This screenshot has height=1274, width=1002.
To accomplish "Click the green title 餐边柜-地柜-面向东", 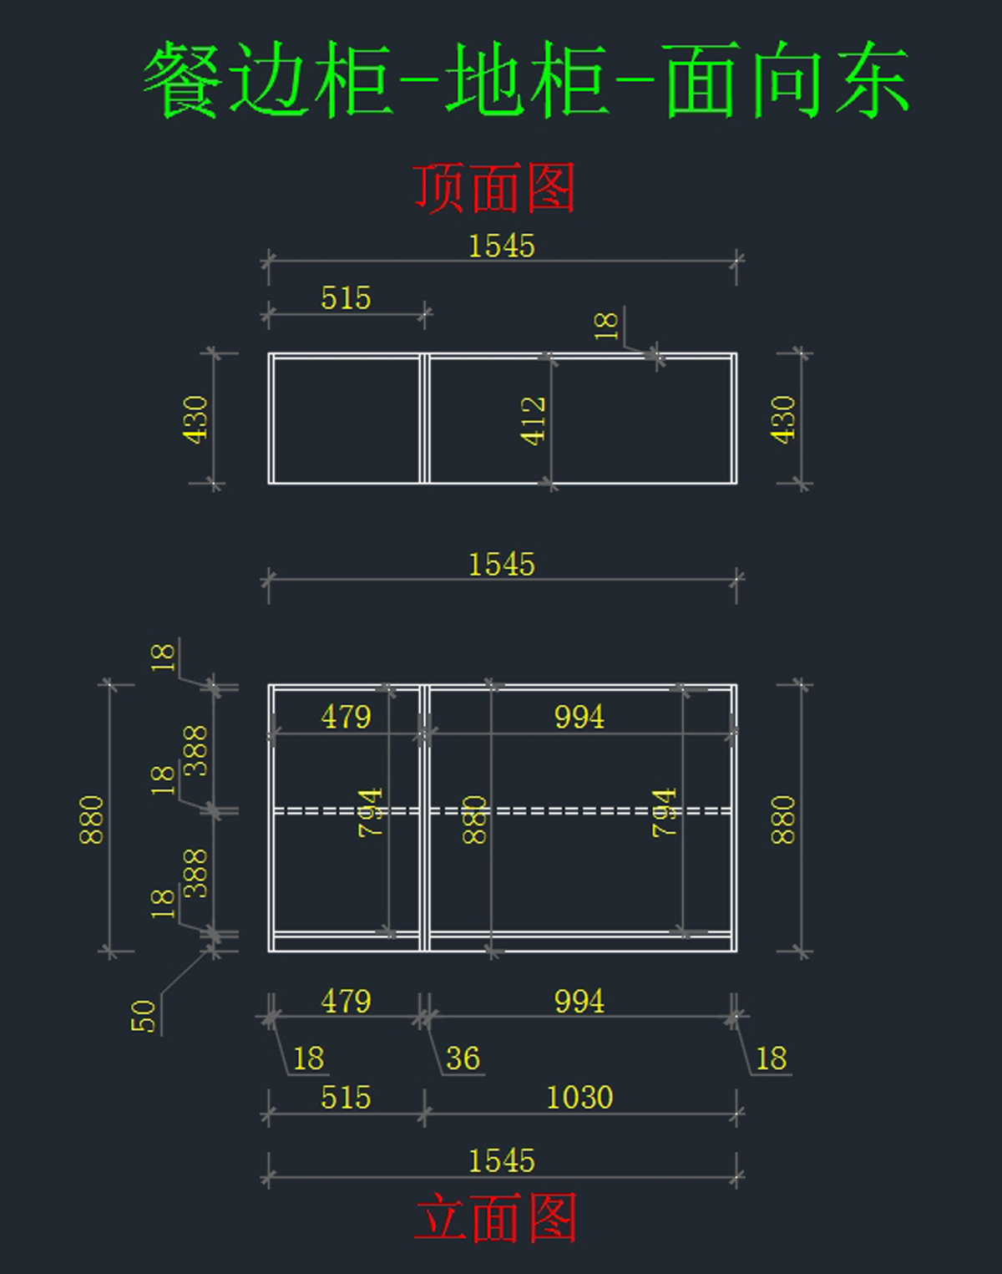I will coord(526,80).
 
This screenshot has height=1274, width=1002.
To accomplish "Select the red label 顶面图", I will coord(494,188).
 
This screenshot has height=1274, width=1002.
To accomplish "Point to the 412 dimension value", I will coord(534,420).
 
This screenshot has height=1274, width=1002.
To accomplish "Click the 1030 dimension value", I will coord(579,1097).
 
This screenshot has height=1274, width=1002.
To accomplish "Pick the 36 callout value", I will coord(463,1058).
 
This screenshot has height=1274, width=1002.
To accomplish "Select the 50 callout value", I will coord(144,1016).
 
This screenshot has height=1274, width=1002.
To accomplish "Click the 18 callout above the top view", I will coord(606,326).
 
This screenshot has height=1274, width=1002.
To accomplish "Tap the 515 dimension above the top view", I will coord(346,298).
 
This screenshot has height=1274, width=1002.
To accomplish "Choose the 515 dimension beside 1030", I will coord(346,1097).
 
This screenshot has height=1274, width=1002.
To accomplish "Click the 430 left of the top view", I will coord(195,419).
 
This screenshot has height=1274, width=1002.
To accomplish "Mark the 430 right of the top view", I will coord(783,419).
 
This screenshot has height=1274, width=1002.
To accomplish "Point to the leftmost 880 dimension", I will coord(92,820).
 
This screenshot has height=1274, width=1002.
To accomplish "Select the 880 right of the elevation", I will coord(783,820).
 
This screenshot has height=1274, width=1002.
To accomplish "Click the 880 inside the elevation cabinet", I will coord(474,820).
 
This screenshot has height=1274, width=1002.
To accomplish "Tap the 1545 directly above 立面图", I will coord(501,1160).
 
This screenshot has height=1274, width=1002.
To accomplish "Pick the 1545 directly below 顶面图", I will coord(501,246).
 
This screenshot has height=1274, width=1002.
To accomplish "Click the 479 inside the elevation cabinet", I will coord(346,717).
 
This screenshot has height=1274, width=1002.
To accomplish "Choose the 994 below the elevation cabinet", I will coord(579,1001).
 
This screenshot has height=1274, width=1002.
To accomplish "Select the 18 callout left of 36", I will coord(308,1058).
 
